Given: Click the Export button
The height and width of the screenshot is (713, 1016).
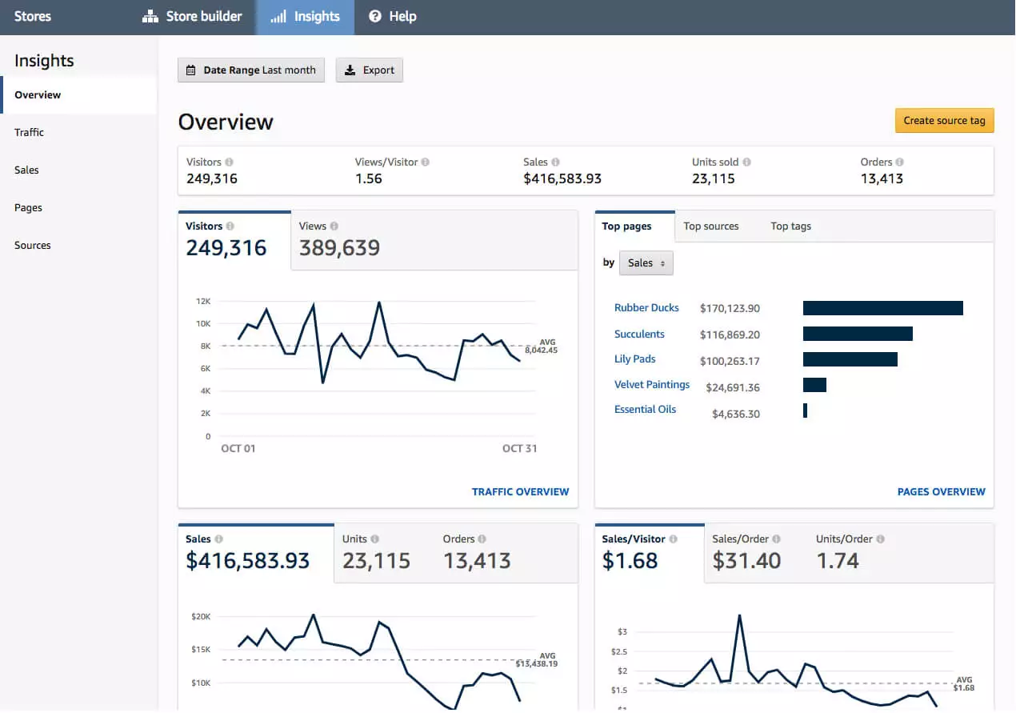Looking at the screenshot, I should (x=369, y=70).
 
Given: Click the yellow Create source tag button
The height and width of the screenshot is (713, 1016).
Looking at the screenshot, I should (x=944, y=121).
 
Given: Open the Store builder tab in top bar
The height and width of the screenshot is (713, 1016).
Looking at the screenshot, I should (x=192, y=17).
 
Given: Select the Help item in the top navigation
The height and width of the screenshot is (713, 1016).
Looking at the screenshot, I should (x=392, y=17).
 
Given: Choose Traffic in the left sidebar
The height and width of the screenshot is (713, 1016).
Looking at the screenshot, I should (x=30, y=133).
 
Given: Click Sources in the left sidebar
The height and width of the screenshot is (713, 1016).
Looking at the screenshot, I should (x=33, y=246).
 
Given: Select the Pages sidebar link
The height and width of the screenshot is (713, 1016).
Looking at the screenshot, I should (x=28, y=208).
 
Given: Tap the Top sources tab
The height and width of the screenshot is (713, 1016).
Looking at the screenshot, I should (x=710, y=226).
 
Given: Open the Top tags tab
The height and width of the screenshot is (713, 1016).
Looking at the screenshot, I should (x=790, y=226).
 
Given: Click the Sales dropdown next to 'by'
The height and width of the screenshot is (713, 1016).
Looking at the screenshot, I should (x=646, y=263).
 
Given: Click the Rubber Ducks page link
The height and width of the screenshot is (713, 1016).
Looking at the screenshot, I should (x=646, y=308).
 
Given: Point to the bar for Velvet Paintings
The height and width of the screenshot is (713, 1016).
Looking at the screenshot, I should (x=814, y=386).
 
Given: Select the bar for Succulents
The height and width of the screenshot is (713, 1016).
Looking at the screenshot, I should (x=858, y=334).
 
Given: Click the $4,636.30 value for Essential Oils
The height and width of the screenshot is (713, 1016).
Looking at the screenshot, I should (x=735, y=415).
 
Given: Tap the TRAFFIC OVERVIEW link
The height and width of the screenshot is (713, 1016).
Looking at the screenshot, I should (x=520, y=492).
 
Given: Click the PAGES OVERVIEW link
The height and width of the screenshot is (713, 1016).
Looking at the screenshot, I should (x=941, y=492).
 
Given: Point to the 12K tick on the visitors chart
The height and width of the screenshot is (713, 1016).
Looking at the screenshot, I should (x=202, y=302).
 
